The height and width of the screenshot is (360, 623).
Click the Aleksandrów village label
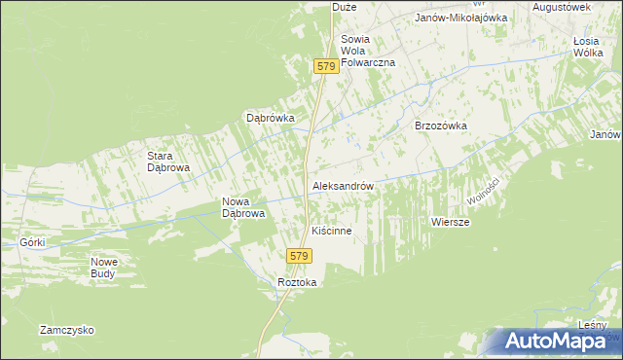point(343,185)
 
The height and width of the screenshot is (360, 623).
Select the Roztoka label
point(298,282)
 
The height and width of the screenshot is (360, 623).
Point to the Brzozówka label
point(441,126)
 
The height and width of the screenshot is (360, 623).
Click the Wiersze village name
point(451,223)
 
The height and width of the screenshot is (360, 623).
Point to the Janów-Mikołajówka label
point(461,18)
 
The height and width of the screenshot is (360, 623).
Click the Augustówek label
point(563,7)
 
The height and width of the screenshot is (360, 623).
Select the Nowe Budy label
point(104,268)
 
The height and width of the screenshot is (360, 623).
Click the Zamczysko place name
point(67,330)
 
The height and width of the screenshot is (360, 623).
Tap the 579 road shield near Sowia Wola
point(326,66)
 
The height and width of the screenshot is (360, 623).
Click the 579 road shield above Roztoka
point(299,256)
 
